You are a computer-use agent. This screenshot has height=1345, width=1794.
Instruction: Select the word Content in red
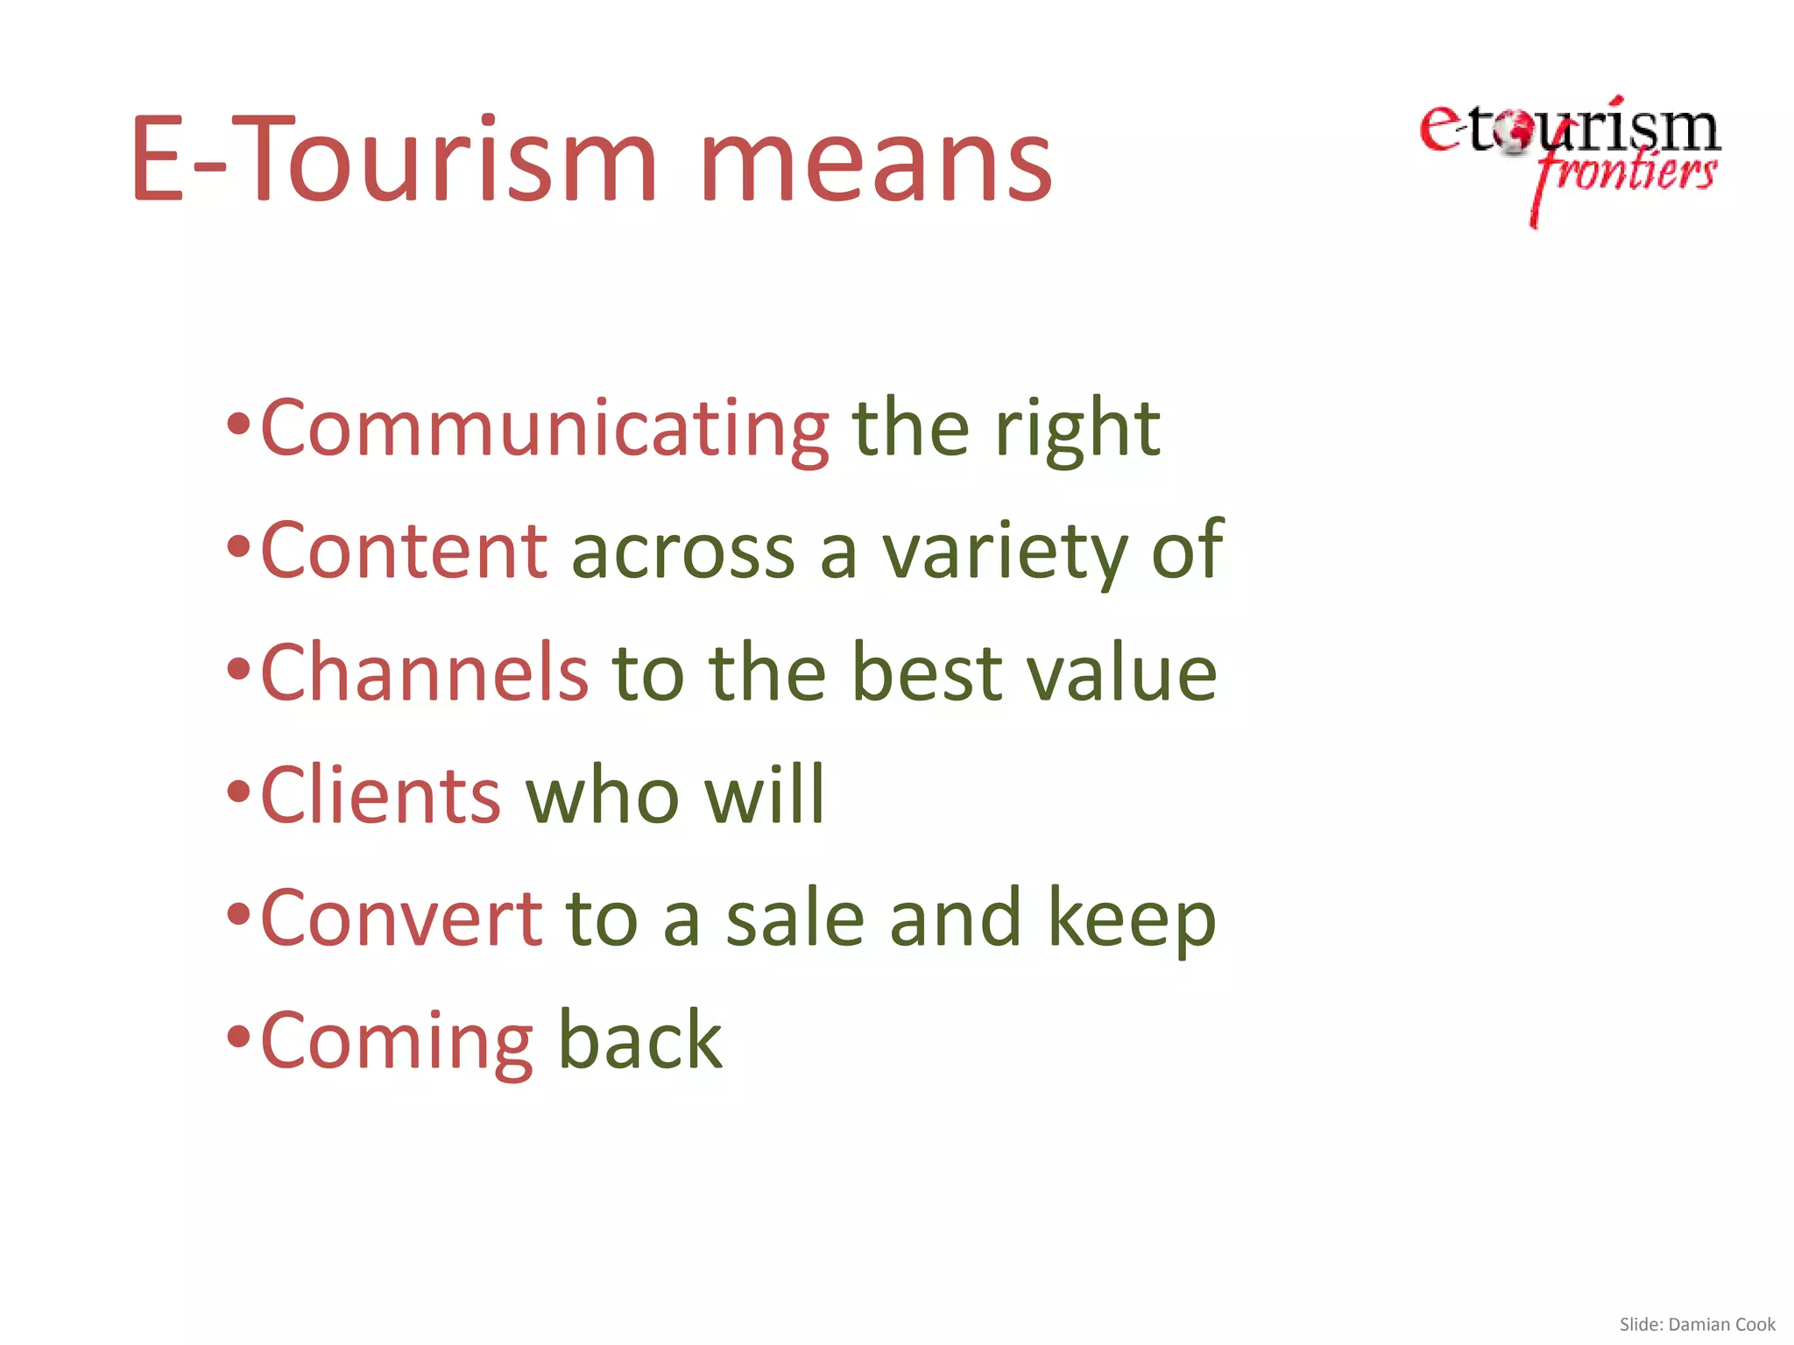(404, 551)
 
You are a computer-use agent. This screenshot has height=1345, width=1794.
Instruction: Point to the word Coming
(397, 1042)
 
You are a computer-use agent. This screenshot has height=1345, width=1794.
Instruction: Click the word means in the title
(875, 162)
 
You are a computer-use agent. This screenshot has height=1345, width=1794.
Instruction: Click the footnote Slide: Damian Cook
(1697, 1324)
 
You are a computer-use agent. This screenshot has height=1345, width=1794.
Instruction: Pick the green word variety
(1004, 553)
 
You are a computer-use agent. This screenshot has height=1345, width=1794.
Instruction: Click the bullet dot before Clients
(238, 793)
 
